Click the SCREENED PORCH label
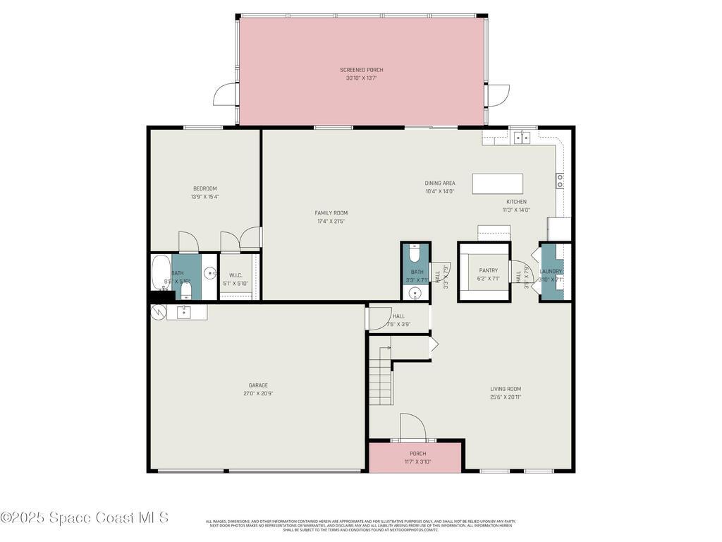tap(361, 70)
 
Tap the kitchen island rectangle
tap(497, 183)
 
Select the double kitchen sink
tap(522, 138)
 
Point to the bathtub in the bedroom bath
tap(161, 273)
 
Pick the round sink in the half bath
tap(415, 294)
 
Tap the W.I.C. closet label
tap(235, 276)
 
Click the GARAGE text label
tap(258, 385)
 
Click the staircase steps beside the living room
tap(380, 381)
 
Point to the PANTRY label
tap(488, 270)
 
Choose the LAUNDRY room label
tap(551, 271)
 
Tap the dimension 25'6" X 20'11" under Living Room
tap(506, 397)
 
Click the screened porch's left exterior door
tap(226, 95)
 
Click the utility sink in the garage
tap(183, 311)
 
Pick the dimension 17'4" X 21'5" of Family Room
tap(331, 222)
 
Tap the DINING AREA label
tap(439, 183)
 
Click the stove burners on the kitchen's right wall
tap(560, 181)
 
